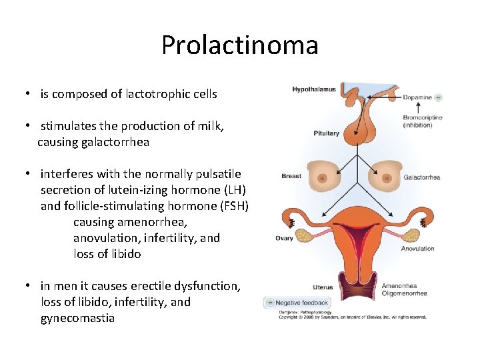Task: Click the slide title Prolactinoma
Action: click(x=240, y=45)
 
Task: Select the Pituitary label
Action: click(x=326, y=133)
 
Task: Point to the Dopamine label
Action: click(x=417, y=97)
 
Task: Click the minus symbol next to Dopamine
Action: click(x=438, y=97)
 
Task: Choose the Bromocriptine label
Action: click(x=423, y=118)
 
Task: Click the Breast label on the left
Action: click(x=291, y=176)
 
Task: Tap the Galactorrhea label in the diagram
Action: click(x=422, y=177)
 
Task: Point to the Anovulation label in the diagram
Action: click(x=417, y=249)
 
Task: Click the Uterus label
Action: click(x=323, y=287)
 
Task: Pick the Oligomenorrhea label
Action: click(x=404, y=293)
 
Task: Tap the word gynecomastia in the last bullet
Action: click(x=77, y=318)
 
